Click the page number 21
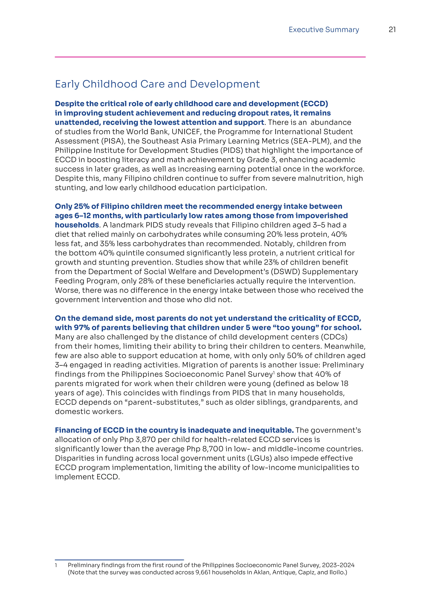(392, 30)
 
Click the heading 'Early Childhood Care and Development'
(157, 84)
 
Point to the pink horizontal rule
(210, 57)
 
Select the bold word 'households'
(77, 225)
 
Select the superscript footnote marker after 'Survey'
(274, 372)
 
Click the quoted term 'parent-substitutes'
(165, 402)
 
